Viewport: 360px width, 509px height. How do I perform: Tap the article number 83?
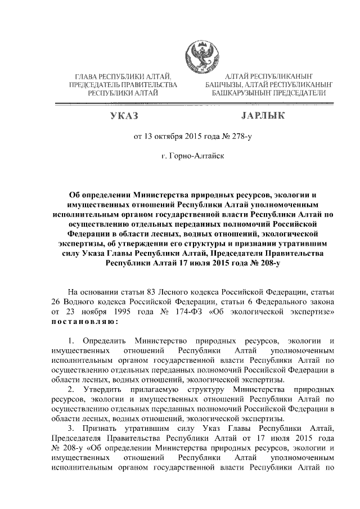147,291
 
